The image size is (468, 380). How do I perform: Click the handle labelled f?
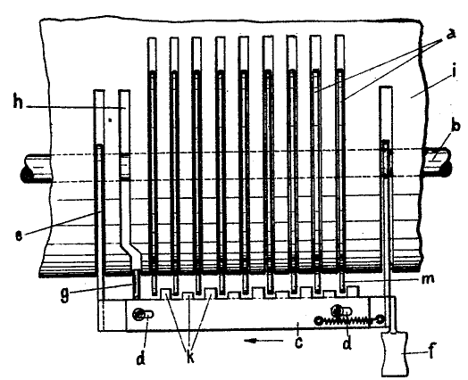pyautogui.click(x=395, y=354)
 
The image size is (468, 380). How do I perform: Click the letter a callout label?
pyautogui.click(x=451, y=34)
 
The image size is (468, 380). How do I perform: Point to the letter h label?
pyautogui.click(x=18, y=102)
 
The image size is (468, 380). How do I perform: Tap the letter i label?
pyautogui.click(x=454, y=72)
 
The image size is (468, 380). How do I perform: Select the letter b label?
pyautogui.click(x=455, y=127)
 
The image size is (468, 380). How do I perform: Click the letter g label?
pyautogui.click(x=65, y=294)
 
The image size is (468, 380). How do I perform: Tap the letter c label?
pyautogui.click(x=298, y=343)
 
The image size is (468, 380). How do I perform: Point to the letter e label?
pyautogui.click(x=19, y=235)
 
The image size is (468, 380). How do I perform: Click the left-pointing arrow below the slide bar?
pyautogui.click(x=263, y=341)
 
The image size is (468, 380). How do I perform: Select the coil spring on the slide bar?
pyautogui.click(x=348, y=321)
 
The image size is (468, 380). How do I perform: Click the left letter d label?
pyautogui.click(x=141, y=357)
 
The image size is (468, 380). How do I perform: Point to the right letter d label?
pyautogui.click(x=347, y=343)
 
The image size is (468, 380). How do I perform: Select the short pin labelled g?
pyautogui.click(x=136, y=284)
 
